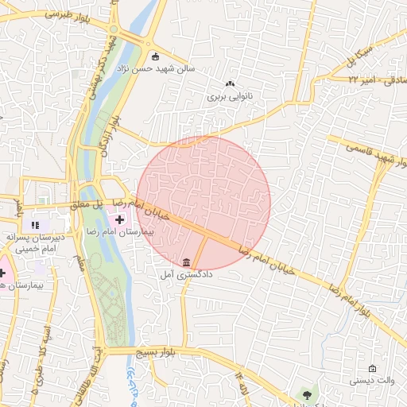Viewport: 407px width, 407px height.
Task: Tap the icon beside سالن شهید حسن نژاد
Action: point(155,56)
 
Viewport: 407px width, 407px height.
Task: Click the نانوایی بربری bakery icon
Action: point(231,83)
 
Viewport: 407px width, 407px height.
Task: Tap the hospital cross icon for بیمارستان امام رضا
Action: point(120,219)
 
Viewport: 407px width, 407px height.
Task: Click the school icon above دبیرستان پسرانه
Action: point(35,225)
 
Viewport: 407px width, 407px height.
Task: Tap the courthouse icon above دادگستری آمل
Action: point(186,262)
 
